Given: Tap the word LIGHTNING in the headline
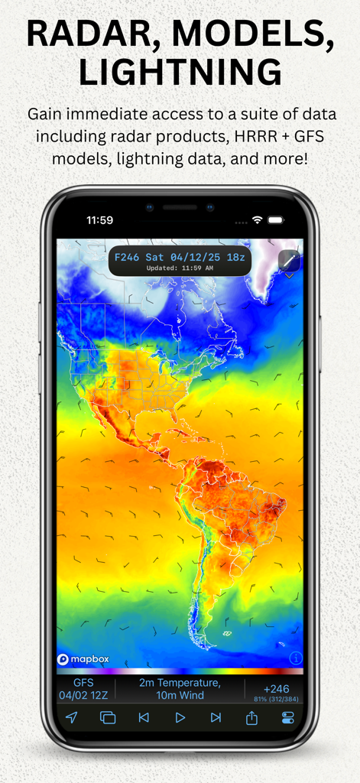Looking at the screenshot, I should coord(180,73).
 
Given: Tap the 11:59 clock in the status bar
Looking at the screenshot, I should coord(99,220).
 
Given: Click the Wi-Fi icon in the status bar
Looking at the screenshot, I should coord(258,220).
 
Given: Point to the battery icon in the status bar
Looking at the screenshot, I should coord(275,220).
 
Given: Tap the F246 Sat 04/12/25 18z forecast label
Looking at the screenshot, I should coord(180,258).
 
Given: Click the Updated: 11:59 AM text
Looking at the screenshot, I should coord(180,268).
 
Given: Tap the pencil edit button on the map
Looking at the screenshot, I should coord(289,261).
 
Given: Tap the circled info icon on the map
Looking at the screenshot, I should coord(296,658).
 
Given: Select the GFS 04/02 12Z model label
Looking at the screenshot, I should coord(83,689).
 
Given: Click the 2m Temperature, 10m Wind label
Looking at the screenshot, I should coord(180,689).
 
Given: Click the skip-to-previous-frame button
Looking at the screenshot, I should coord(144,717).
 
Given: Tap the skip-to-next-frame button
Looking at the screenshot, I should coord(216,717).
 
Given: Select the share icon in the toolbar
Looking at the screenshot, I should coord(251,717).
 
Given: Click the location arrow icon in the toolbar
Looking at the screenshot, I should coord(71,717).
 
